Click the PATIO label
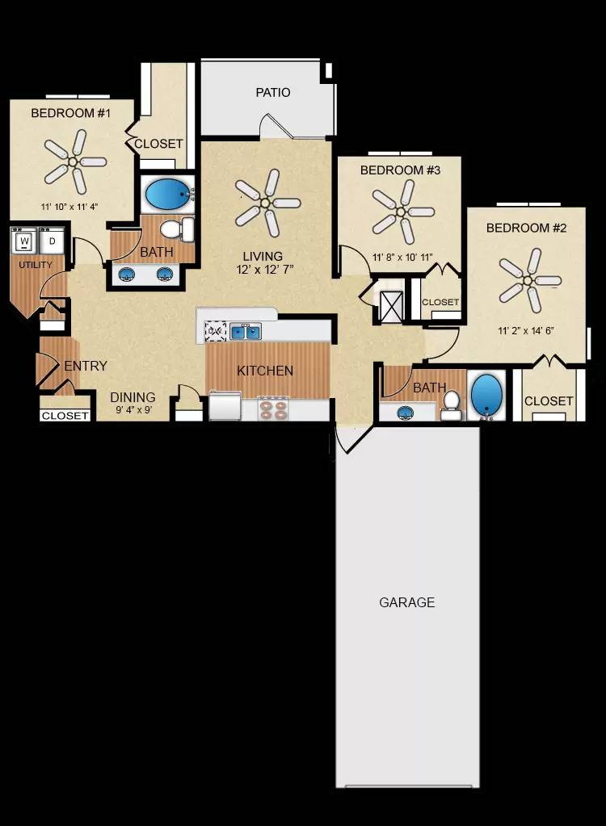pos(273,93)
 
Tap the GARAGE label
pos(407,602)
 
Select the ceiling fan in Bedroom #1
pos(74,161)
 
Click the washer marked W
pos(24,241)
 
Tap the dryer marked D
pos(53,241)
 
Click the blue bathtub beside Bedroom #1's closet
pos(167,194)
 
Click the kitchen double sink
pos(245,331)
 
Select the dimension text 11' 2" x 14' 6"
pos(526,329)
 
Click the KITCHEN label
pos(265,371)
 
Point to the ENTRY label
pos(86,367)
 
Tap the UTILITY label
pos(35,265)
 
